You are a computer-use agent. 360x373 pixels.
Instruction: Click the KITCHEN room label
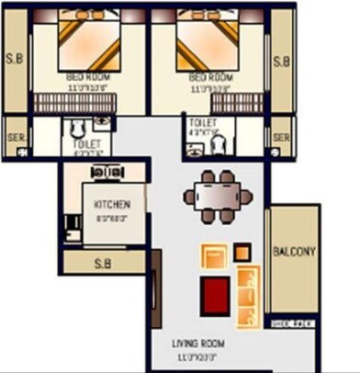tap(112, 204)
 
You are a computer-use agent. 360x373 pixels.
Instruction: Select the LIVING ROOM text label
tap(198, 344)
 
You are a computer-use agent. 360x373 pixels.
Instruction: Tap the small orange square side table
tap(242, 252)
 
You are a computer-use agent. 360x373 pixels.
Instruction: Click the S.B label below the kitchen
tap(104, 264)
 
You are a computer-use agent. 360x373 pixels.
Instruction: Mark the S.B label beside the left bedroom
tap(15, 62)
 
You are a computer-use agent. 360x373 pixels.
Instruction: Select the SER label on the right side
tap(281, 138)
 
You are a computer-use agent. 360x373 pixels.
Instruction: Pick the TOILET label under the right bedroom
tap(201, 122)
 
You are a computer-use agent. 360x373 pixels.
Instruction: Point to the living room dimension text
tap(198, 355)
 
